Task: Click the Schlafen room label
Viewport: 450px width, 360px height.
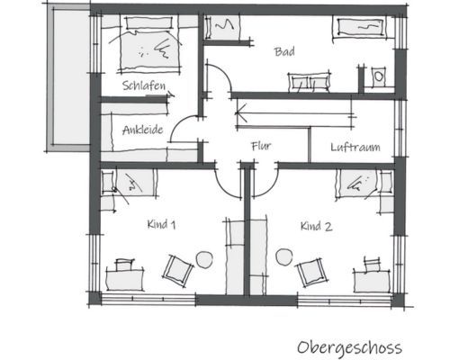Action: [144, 85]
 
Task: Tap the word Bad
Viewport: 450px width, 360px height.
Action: [284, 51]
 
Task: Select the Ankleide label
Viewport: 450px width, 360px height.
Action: [143, 130]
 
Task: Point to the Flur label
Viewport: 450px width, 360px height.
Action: [261, 146]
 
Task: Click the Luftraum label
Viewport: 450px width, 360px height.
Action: [355, 148]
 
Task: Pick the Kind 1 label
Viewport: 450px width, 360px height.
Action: [161, 224]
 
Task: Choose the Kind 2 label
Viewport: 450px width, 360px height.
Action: [317, 226]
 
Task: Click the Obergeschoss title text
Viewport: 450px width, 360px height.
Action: [349, 348]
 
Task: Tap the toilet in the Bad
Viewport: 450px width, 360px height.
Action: [379, 77]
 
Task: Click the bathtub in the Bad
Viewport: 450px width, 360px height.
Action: [359, 27]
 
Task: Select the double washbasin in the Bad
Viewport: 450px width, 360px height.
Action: [310, 82]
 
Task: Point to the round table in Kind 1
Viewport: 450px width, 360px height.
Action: [204, 259]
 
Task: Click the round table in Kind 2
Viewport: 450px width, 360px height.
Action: [284, 257]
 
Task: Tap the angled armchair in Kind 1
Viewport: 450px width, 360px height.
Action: [177, 271]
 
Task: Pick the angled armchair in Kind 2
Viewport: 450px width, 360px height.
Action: [310, 273]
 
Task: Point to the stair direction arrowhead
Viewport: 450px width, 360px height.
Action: [241, 113]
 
